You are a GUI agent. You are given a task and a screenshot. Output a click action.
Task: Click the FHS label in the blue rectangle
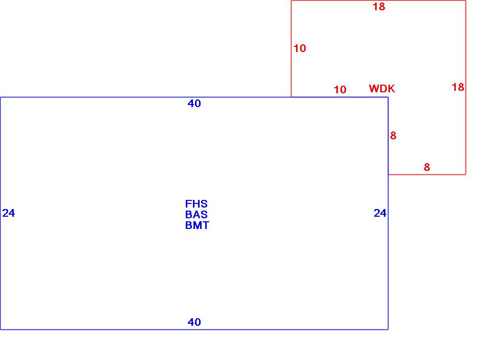pos(197,204)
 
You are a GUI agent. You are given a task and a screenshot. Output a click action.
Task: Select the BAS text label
pos(197,215)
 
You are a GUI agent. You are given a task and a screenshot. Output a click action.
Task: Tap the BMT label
pos(197,225)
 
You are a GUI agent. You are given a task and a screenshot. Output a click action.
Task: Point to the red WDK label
pos(382,89)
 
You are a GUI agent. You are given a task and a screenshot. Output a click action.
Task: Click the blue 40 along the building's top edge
pos(194,104)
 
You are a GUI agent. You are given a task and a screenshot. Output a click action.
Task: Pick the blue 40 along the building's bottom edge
pos(194,322)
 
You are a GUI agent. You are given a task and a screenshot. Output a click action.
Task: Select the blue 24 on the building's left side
pos(9,213)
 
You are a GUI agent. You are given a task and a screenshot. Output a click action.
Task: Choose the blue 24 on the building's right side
pos(380,213)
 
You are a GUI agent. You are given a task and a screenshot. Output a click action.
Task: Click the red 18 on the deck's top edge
pos(379,7)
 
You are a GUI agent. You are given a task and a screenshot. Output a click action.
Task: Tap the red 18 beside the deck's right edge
pos(458,87)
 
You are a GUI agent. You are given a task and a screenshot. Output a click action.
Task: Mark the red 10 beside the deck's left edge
pos(300,48)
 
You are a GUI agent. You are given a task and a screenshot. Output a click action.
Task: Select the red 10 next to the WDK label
pos(340,90)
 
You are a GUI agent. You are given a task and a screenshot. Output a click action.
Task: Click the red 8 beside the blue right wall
pos(393,136)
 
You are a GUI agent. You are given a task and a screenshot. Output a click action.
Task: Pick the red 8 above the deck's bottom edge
pos(427,167)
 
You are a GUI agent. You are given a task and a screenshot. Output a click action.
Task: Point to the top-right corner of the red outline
pos(465,1)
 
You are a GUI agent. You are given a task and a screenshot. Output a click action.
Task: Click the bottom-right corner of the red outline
pos(465,174)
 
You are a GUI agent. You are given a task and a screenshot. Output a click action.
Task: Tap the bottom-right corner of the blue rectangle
pos(388,329)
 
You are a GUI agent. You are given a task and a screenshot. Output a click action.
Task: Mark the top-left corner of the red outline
pos(291,1)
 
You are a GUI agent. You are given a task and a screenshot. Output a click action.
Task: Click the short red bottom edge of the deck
pos(427,174)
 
